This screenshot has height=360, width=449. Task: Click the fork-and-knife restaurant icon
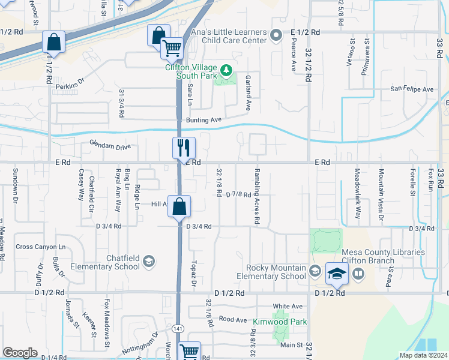[182, 148]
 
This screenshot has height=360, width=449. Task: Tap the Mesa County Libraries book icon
[358, 274]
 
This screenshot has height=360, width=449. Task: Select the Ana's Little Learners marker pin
[276, 35]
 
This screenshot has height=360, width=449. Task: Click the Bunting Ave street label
[204, 120]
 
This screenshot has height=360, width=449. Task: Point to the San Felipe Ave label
[412, 89]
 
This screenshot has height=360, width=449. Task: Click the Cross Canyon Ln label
[40, 247]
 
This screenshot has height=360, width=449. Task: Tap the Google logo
[20, 352]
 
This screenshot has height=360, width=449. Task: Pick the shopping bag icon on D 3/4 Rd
[179, 207]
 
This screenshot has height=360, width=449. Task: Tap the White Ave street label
[288, 307]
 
